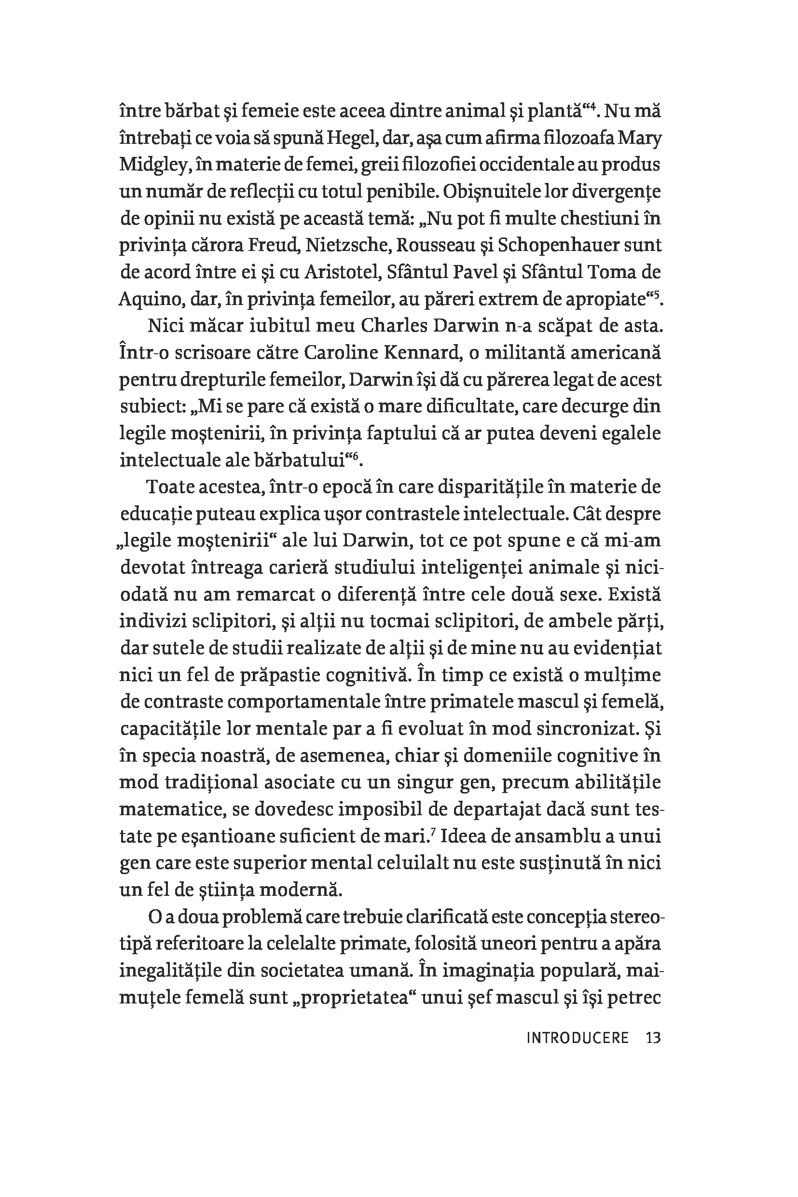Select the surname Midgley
point(150,166)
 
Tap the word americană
point(607,353)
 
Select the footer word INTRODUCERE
point(578,1038)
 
